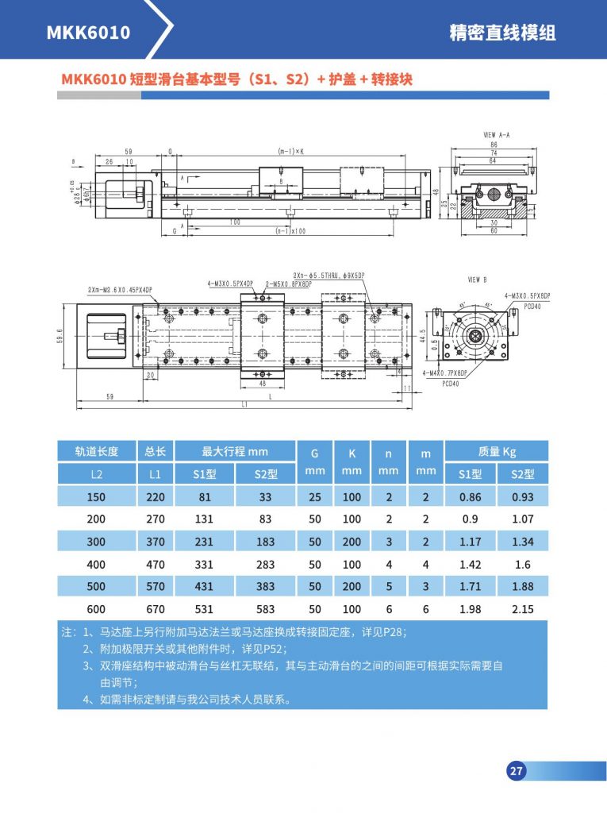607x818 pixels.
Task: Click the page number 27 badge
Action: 516,770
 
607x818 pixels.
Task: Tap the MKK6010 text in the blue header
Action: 88,33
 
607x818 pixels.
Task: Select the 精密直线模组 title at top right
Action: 502,33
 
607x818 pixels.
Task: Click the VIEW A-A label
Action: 496,136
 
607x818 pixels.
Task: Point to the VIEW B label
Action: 478,280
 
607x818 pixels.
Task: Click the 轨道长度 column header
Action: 96,451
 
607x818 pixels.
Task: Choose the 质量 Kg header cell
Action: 497,451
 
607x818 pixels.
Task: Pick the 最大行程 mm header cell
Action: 235,451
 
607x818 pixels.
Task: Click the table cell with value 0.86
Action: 471,497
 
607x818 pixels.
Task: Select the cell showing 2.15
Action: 522,609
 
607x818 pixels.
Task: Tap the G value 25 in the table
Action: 314,497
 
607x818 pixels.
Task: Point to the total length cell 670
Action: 155,609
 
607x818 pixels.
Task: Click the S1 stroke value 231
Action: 205,542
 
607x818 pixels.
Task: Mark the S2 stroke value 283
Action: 265,565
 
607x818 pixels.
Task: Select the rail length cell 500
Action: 96,587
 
